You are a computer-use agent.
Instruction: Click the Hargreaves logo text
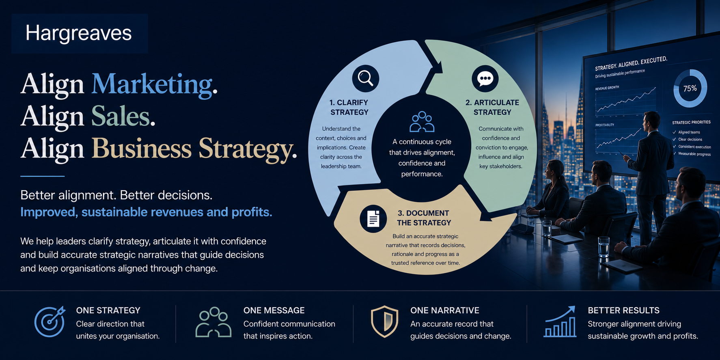point(78,33)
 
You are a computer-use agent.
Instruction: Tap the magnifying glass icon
point(365,78)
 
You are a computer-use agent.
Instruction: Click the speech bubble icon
point(485,78)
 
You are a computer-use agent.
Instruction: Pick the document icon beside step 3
point(373,219)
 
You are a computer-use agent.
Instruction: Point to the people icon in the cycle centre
point(422,122)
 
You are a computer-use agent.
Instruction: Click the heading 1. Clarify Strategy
point(349,107)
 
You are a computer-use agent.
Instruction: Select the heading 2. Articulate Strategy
point(492,107)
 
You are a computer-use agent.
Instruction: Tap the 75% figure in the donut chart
point(690,88)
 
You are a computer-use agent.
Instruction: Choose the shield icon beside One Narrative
point(384,321)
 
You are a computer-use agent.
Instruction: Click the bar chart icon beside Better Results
point(560,321)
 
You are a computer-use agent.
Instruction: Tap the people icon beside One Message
point(213,322)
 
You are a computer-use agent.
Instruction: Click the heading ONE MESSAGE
point(274,310)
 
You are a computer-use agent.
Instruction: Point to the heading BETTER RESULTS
point(623,310)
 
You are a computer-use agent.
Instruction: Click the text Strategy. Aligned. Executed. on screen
point(631,63)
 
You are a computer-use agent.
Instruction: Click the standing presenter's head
point(652,121)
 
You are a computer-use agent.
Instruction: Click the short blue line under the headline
point(42,176)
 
